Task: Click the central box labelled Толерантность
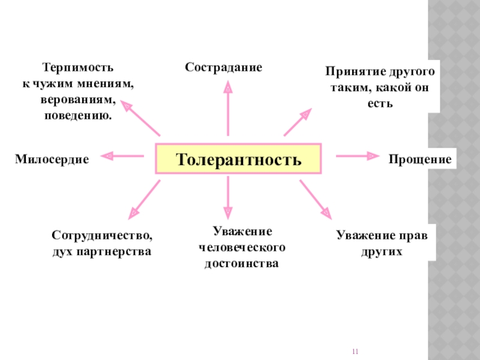(x=238, y=160)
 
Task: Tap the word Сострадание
(x=223, y=67)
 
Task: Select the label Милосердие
(x=52, y=160)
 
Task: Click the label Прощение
(x=419, y=160)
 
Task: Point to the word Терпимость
(x=78, y=67)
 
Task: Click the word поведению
(x=78, y=114)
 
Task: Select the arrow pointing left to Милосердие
(x=123, y=156)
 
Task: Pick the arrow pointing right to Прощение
(x=358, y=156)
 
